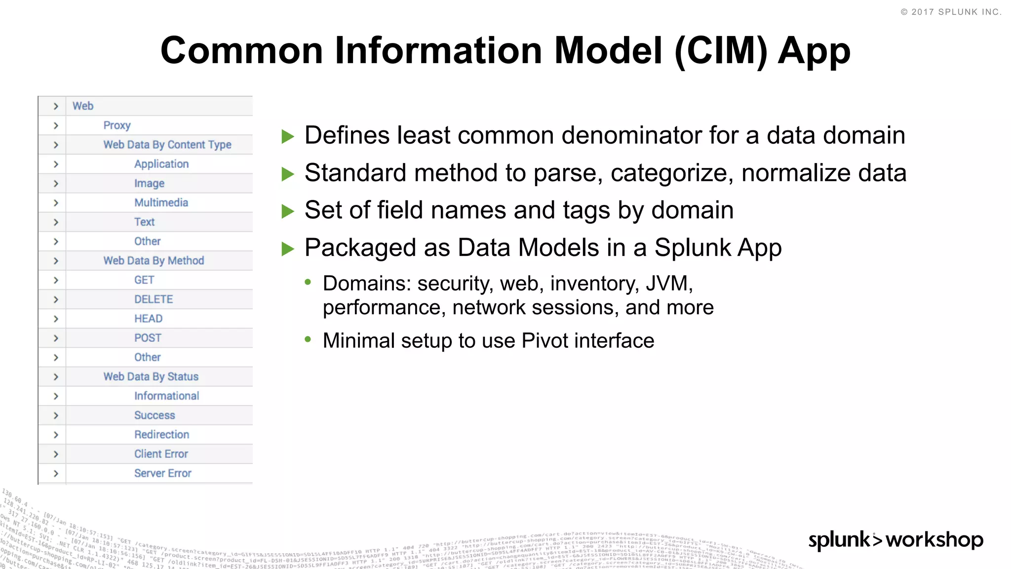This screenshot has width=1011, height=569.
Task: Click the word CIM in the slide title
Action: [x=721, y=51]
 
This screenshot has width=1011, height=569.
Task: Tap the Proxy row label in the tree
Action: [x=117, y=125]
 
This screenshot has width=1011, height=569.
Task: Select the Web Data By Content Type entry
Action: [x=167, y=145]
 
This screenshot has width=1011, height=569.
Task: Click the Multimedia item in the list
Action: [x=161, y=203]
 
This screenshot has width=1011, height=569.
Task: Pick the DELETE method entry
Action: [x=154, y=299]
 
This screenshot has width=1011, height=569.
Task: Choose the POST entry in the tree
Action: [x=148, y=338]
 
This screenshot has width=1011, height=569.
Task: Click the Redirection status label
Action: [x=161, y=435]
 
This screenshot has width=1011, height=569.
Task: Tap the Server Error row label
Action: [x=162, y=473]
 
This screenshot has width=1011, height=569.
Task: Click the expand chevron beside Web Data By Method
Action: [x=56, y=261]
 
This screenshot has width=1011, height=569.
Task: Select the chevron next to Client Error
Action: [x=56, y=454]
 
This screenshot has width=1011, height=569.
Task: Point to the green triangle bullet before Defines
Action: [x=287, y=136]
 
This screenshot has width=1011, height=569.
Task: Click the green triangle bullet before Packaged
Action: [x=287, y=248]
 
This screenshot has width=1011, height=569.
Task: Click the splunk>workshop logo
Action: [x=895, y=539]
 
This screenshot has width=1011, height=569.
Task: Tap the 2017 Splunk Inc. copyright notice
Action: [x=951, y=12]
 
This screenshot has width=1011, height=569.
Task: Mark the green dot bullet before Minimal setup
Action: [x=308, y=339]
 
